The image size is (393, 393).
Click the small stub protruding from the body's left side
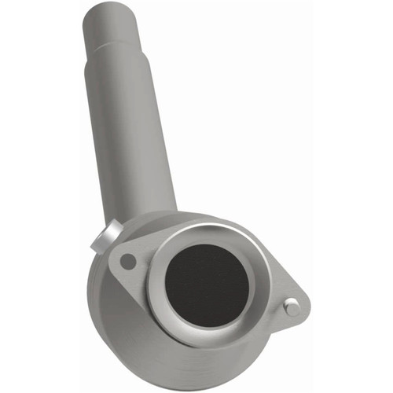pyautogui.click(x=105, y=237)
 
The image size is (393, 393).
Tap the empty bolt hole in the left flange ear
pyautogui.click(x=127, y=261)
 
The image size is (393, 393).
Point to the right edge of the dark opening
pyautogui.click(x=250, y=287)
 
